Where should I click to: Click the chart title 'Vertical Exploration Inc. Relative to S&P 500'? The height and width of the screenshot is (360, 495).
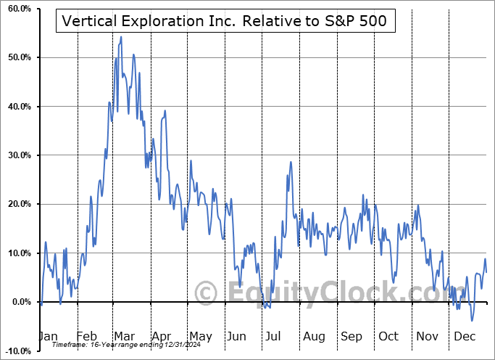[x=225, y=22]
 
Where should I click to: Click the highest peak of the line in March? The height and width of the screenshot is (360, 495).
[x=121, y=36]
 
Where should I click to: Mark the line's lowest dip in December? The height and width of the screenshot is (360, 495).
[x=472, y=320]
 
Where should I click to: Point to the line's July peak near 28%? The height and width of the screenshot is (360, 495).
[x=291, y=162]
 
